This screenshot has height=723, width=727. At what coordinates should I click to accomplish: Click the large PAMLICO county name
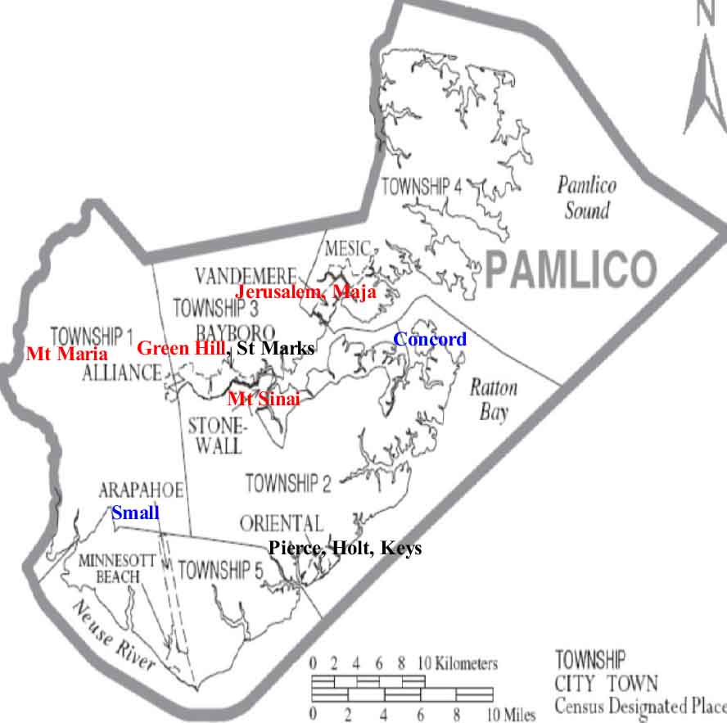(571, 269)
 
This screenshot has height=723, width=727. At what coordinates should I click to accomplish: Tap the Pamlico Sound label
(586, 197)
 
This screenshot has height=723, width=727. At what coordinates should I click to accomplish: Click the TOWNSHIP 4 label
(422, 187)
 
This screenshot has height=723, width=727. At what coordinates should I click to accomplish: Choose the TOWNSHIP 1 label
(92, 336)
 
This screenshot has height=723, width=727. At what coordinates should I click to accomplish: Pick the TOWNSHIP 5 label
(219, 570)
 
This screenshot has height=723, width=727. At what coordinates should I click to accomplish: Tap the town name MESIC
(349, 248)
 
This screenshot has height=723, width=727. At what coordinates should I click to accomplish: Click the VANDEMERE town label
(244, 274)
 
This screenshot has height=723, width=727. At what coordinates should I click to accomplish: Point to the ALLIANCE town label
(121, 373)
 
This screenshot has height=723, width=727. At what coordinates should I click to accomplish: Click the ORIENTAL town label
(282, 523)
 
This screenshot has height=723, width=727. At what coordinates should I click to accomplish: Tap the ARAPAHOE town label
(140, 490)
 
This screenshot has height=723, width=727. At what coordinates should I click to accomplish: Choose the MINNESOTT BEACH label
(110, 569)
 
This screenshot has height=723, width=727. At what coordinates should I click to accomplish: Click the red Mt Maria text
(66, 355)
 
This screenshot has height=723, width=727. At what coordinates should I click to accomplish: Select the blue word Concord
(430, 339)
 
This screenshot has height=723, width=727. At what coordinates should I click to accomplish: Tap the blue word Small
(136, 513)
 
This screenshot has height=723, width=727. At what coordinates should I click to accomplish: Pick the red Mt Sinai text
(264, 400)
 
